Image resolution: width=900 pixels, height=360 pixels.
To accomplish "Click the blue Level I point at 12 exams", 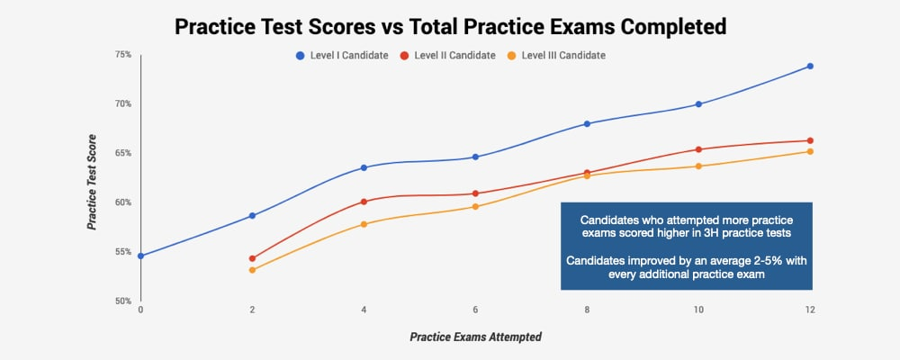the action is (x=810, y=66).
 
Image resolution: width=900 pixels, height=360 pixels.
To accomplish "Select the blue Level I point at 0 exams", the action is (x=140, y=256).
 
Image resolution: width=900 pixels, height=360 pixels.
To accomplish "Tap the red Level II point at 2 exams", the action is (x=252, y=258).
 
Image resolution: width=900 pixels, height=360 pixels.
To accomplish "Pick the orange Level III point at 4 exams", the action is (x=364, y=224).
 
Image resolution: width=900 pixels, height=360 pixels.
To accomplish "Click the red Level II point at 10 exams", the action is (x=698, y=149).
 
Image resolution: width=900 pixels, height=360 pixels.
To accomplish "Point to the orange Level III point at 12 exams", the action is (x=810, y=151).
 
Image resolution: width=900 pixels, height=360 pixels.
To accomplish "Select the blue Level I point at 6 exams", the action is (x=475, y=157).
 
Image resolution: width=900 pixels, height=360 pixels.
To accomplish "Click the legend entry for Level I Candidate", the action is (x=342, y=56).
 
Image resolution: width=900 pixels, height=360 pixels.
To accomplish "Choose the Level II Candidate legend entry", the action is (x=447, y=56).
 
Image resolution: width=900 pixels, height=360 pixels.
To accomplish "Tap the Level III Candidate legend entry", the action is (x=555, y=56).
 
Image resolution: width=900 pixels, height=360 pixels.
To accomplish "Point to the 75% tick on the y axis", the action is (x=123, y=55).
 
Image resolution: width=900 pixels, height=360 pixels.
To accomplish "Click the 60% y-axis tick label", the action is (x=123, y=202).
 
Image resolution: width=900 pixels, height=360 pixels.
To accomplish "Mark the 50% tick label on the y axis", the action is (x=123, y=301).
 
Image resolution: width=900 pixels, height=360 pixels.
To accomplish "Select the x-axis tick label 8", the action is (x=587, y=310).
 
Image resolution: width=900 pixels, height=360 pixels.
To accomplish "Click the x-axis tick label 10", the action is (x=698, y=310).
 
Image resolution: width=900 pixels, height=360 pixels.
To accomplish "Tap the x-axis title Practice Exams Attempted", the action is (x=475, y=337).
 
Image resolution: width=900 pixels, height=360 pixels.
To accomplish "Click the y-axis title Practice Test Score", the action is (x=91, y=182).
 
